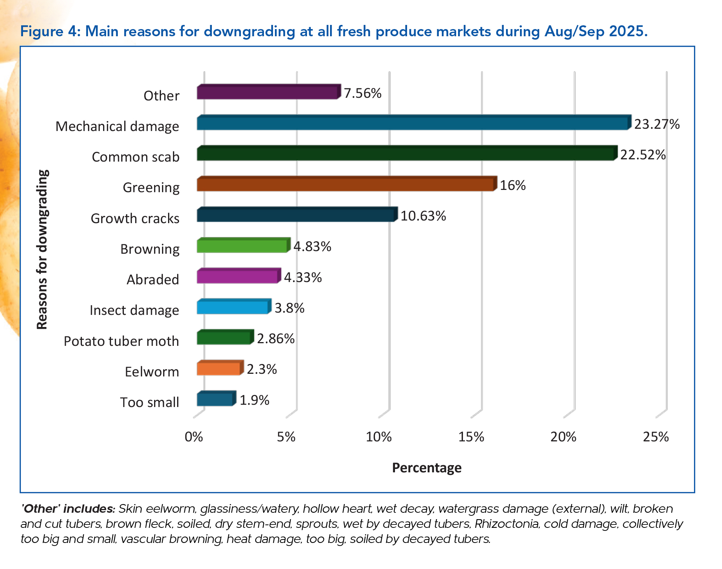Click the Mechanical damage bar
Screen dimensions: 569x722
413,123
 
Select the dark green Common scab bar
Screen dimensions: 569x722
407,154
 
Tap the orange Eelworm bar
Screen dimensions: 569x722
219,369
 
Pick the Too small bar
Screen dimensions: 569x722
216,399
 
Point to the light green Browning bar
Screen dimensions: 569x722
243,246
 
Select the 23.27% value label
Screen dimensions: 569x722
657,124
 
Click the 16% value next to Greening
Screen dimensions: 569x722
512,185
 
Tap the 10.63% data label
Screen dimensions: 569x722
423,216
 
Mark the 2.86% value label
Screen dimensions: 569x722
276,339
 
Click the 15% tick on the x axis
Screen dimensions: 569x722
471,437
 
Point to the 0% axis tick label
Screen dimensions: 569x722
194,437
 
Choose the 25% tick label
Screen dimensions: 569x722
656,437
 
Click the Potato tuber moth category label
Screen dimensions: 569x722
121,341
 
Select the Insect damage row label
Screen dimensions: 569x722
134,310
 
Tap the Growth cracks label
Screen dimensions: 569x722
135,219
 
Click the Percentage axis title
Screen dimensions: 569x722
426,468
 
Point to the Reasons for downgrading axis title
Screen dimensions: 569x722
42,250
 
